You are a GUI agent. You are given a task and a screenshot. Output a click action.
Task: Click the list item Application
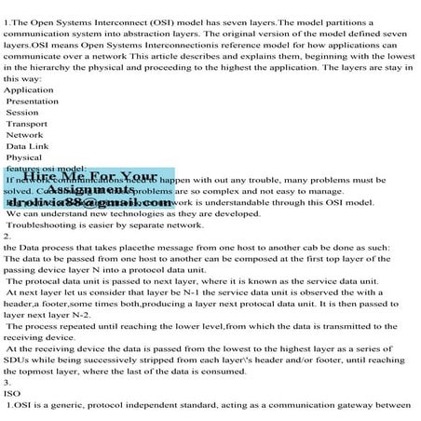click(22, 89)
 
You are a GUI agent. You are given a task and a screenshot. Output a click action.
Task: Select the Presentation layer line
click(31, 101)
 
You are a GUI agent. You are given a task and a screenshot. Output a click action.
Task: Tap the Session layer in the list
click(22, 112)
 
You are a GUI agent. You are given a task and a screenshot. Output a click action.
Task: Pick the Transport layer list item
click(27, 123)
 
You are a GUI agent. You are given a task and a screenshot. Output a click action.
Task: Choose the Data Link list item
click(27, 146)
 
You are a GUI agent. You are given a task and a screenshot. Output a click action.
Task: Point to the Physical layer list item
click(24, 157)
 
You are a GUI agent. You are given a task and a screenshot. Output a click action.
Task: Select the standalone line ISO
click(11, 392)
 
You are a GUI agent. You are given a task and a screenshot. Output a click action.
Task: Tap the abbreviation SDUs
click(17, 359)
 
